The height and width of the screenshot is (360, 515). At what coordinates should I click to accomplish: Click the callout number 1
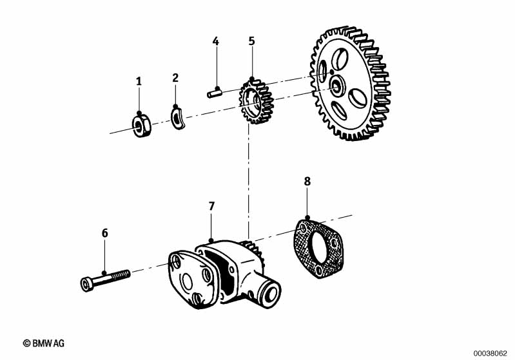[x=139, y=81]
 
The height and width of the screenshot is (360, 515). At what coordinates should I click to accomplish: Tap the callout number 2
[x=175, y=78]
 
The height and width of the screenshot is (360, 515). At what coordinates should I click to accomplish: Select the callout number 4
[x=215, y=41]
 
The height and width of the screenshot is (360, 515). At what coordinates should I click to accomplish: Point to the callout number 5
[x=251, y=41]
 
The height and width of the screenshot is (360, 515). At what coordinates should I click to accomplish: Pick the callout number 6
[x=105, y=233]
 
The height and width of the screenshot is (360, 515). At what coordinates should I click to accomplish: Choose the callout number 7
[x=211, y=206]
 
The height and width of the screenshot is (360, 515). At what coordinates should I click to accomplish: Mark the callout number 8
[x=307, y=181]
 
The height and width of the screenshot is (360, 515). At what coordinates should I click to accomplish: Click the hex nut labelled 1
[x=141, y=125]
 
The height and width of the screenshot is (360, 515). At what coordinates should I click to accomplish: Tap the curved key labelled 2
[x=179, y=117]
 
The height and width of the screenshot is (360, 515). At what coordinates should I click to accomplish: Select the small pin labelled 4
[x=215, y=92]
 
